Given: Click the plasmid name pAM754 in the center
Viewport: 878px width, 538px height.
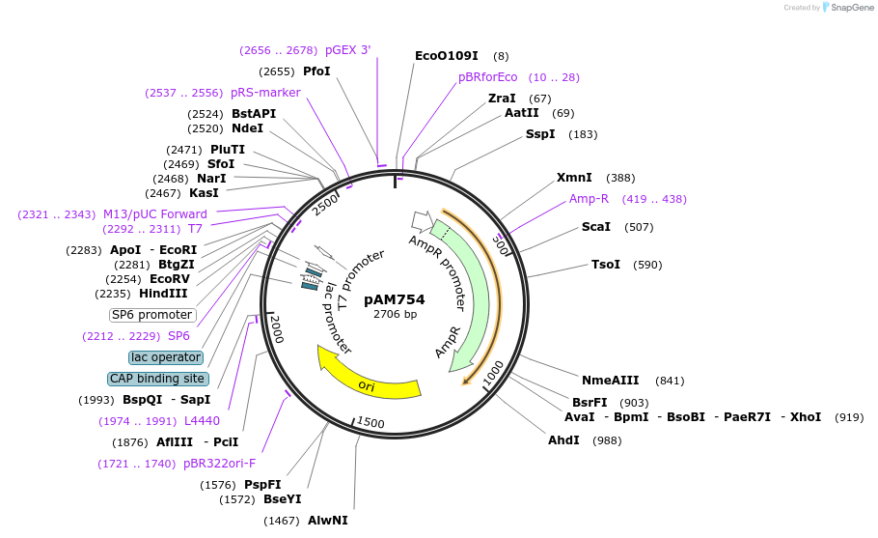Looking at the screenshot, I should pos(395,299).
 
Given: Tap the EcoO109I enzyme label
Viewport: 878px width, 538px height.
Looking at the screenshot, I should pos(446,56).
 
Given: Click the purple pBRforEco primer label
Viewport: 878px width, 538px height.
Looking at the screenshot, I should pos(487,77).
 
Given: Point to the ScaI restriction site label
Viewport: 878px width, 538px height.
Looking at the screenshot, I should pos(596,227).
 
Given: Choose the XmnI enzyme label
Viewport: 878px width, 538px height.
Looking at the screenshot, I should pos(574,178).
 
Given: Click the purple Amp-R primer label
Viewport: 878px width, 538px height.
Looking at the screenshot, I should pos(589,199).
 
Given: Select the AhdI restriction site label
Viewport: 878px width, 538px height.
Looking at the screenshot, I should pos(563,440).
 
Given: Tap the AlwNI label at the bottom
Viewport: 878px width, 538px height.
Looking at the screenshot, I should pos(327,521).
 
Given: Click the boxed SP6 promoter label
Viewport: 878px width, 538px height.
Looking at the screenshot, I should pos(152,315).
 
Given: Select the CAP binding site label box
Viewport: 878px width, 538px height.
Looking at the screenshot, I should pos(155,379).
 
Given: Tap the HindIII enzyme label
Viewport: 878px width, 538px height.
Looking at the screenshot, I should pos(163,294).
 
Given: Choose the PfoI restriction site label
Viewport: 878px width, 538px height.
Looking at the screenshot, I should pos(316,71).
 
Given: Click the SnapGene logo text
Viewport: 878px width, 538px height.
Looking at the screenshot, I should pos(852,8).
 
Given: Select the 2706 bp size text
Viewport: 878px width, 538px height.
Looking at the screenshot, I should pos(395,314).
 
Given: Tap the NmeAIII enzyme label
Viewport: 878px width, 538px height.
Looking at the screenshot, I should pos(610,381).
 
